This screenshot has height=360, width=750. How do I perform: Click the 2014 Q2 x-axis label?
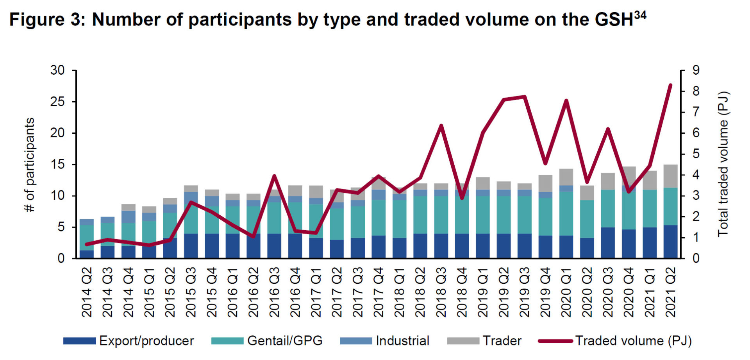tap(87, 292)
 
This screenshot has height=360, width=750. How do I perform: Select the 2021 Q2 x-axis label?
tap(671, 292)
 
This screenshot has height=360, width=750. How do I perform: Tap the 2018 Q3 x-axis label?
tap(441, 292)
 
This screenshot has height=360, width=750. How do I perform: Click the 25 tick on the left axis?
tap(57, 102)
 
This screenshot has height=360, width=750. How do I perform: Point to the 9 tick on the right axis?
tap(696, 71)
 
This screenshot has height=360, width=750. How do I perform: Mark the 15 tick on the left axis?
tap(57, 165)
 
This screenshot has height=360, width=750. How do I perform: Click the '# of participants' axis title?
tap(30, 165)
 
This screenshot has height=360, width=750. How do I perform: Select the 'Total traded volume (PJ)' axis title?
tap(723, 164)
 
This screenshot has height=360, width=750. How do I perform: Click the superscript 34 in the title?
tap(640, 15)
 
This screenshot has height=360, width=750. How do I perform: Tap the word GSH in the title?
tap(614, 20)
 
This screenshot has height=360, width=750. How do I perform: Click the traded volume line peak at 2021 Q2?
tap(670, 85)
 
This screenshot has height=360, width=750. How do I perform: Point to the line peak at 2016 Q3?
tap(274, 176)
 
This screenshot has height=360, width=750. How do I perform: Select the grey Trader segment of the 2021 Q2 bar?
tap(671, 176)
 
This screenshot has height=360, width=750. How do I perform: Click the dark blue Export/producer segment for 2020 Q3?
tap(608, 242)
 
